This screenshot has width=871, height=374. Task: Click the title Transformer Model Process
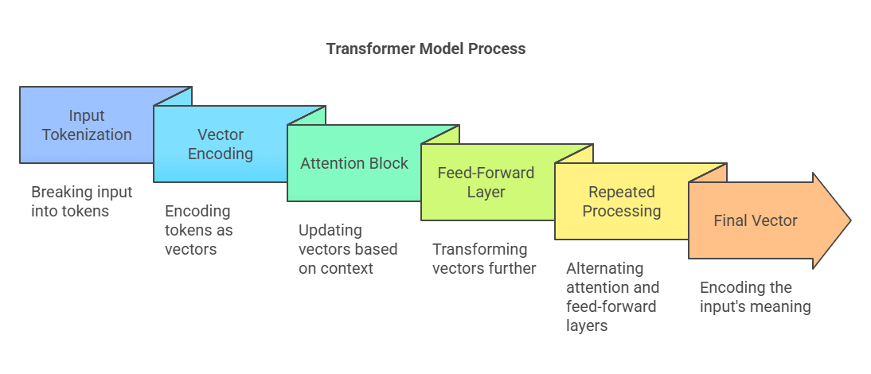[x=426, y=49]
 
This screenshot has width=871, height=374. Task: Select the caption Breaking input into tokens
[x=81, y=201]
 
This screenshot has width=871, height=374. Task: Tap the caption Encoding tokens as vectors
[x=198, y=230]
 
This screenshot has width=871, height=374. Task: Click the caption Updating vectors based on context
[x=347, y=249]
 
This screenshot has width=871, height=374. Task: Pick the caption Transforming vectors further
[x=484, y=259]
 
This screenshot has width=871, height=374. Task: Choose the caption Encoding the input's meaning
[x=755, y=297]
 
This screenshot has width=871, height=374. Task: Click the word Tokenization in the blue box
[x=87, y=134]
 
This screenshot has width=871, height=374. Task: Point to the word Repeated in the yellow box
[x=621, y=192]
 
